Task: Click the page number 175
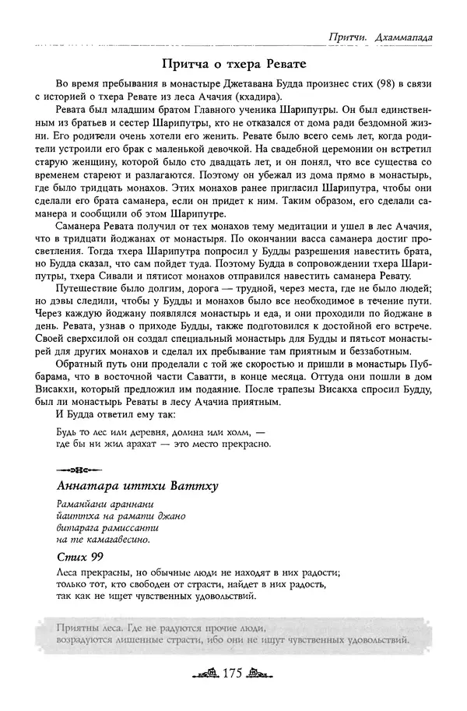coord(233,674)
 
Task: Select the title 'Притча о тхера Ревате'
coord(233,62)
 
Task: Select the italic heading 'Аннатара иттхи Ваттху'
coord(136,487)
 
